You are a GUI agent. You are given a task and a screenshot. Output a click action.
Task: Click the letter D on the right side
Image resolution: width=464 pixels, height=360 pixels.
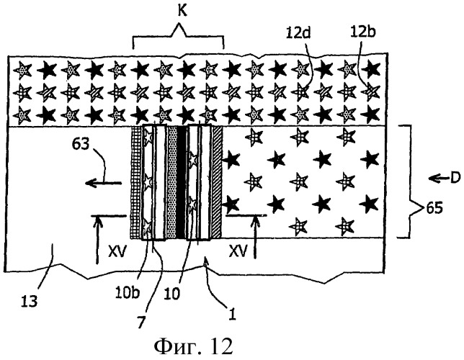tap(445, 176)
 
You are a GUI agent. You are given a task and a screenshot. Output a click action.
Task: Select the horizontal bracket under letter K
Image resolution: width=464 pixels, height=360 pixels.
tap(179, 42)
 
